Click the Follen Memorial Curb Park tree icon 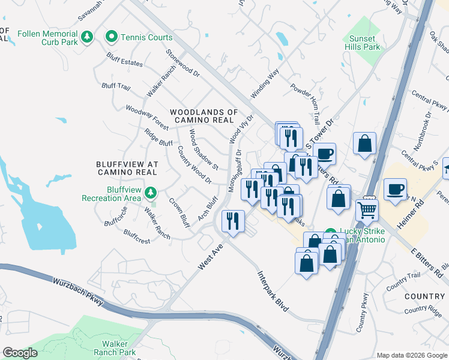[x=88, y=37]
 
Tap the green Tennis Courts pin [x=112, y=37]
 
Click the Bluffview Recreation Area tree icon [x=152, y=193]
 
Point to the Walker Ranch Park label [x=114, y=348]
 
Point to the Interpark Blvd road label [x=273, y=291]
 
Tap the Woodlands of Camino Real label [x=204, y=116]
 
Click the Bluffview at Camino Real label [x=127, y=168]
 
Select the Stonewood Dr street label [x=182, y=63]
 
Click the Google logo [x=20, y=353]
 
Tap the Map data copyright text [x=411, y=355]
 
